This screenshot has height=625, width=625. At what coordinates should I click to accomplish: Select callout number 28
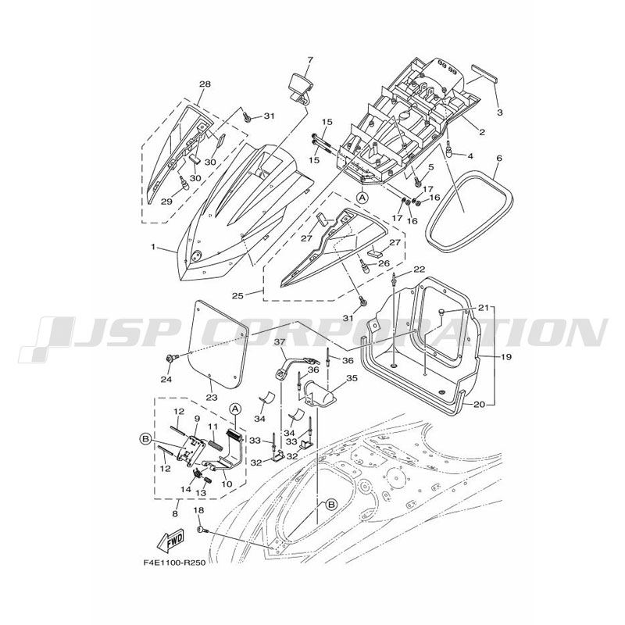[205, 84]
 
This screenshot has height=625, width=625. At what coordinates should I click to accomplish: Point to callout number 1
[154, 247]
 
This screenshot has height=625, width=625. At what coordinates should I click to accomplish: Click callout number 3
[499, 112]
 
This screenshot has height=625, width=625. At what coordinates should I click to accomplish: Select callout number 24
[165, 380]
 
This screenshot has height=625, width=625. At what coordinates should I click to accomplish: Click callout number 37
[280, 341]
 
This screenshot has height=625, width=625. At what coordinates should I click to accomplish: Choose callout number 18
[198, 509]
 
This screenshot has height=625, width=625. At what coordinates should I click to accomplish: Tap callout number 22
[419, 270]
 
